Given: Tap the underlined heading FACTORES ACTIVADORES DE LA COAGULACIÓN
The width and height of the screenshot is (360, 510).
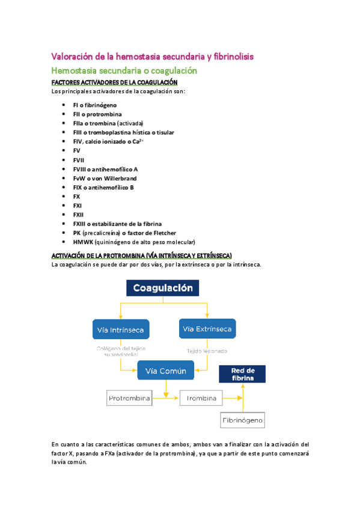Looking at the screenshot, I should tap(114, 82).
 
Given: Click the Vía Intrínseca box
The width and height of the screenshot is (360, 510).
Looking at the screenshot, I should tap(121, 330).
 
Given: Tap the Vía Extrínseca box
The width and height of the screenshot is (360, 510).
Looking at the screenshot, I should tap(207, 328).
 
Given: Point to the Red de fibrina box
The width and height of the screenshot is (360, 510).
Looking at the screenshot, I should tap(243, 374).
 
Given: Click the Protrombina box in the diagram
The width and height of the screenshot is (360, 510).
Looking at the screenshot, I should tap(129, 398).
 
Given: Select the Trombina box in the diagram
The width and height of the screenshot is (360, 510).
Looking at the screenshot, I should tap(201, 398).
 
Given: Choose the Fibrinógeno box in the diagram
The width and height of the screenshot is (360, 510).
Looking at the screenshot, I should tap(243, 420).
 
